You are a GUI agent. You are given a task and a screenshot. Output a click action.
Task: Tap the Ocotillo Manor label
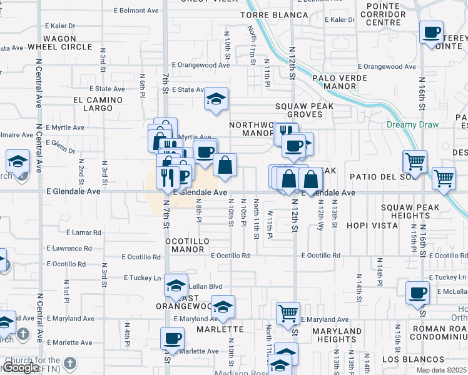pyautogui.click(x=185, y=245)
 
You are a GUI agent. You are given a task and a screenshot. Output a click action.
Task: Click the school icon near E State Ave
pyautogui.click(x=216, y=99)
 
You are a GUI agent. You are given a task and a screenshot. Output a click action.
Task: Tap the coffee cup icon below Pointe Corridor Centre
pyautogui.click(x=431, y=32)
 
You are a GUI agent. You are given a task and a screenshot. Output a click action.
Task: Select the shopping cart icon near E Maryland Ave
pyautogui.click(x=288, y=312)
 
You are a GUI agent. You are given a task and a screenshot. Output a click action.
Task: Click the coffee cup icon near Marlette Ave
pyautogui.click(x=172, y=339)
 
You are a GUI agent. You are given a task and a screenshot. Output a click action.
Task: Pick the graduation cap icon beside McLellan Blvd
pyautogui.click(x=176, y=286)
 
